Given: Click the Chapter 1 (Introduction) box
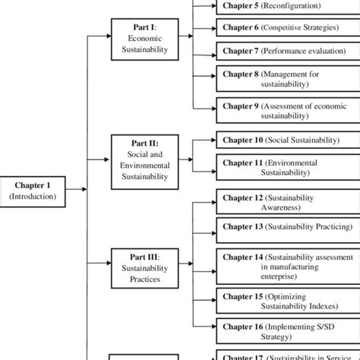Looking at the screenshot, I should (x=33, y=190).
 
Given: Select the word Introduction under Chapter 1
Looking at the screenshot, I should (x=33, y=196).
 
